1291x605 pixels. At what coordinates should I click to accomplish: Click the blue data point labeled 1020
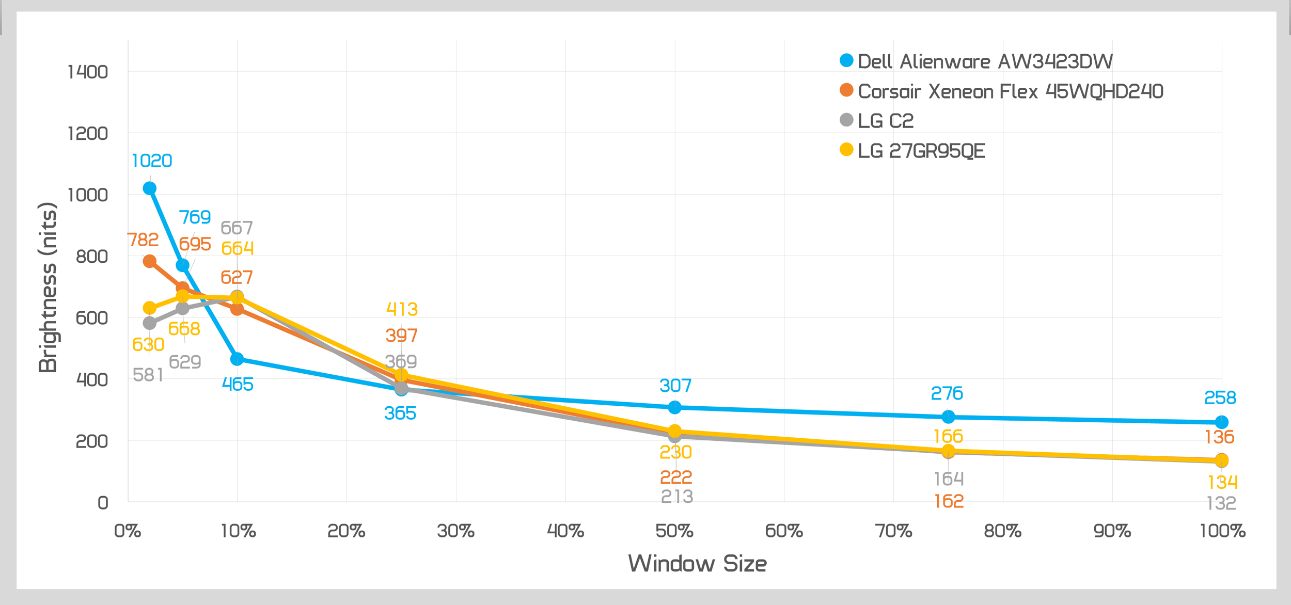(x=150, y=188)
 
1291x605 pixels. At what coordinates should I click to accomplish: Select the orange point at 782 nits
(x=150, y=262)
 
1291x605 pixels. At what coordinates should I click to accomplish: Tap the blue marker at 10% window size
(x=237, y=359)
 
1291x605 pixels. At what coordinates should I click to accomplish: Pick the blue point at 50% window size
(x=674, y=407)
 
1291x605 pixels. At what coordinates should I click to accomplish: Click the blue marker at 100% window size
(x=1221, y=422)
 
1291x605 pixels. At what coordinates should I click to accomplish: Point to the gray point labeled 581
(x=150, y=323)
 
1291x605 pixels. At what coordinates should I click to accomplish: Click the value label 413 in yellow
(x=402, y=309)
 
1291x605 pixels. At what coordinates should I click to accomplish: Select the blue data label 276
(x=947, y=393)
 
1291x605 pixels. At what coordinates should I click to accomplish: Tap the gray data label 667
(x=237, y=228)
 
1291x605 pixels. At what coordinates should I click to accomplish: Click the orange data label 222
(x=675, y=477)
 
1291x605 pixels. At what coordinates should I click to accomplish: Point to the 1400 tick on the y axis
(x=88, y=72)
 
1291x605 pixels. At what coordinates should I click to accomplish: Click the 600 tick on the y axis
(x=91, y=317)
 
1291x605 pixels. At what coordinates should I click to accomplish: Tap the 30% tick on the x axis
(x=455, y=531)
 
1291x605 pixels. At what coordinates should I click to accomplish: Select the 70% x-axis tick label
(x=893, y=531)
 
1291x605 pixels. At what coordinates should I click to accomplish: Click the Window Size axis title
(x=697, y=563)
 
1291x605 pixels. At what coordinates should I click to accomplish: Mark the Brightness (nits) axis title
(x=48, y=287)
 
